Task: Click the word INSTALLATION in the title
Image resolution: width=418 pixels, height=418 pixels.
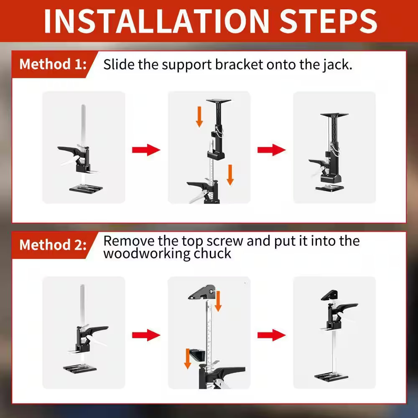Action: [157, 21]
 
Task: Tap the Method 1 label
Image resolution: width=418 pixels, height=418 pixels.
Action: [53, 65]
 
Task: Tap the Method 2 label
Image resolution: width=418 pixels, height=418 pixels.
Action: [53, 245]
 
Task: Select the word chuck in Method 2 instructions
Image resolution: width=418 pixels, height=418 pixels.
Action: [210, 253]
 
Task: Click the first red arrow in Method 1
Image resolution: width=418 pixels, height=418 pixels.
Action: [146, 150]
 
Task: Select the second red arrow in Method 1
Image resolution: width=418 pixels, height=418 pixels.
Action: [271, 150]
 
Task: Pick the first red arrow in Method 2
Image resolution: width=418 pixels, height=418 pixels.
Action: [146, 335]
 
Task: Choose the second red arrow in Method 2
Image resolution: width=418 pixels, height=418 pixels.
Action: [271, 335]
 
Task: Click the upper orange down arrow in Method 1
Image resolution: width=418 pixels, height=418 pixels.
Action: [199, 118]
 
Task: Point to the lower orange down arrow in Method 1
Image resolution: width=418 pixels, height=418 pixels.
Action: [230, 175]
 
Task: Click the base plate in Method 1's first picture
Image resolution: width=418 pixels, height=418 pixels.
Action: [84, 187]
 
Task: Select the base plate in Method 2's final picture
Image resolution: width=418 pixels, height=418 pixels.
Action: [331, 376]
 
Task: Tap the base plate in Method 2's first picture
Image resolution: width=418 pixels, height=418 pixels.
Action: [81, 368]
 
